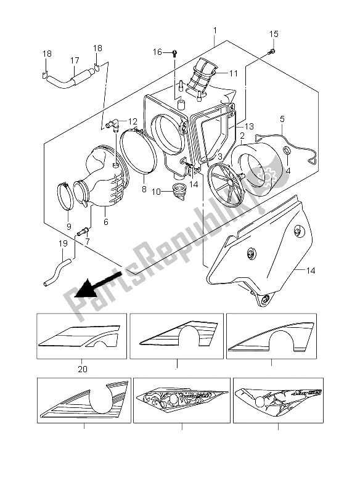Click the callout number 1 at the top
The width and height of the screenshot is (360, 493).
click(215, 30)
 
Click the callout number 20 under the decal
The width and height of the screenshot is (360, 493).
click(282, 119)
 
